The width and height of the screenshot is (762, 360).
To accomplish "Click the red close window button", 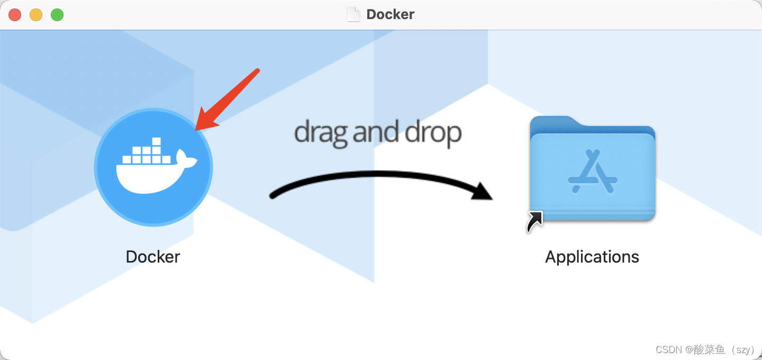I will point(15,15).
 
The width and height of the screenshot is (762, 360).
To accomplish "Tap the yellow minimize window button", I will point(36,15).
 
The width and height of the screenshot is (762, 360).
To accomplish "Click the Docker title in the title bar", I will point(390,14).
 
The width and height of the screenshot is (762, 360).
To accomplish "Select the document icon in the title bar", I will point(353,14).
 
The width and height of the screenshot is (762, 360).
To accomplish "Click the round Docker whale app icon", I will point(153,167).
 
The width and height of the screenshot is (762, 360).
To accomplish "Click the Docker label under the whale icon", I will point(153,257).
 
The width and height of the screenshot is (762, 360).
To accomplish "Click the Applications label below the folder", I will point(592,257).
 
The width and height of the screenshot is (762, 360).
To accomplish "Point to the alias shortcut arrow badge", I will point(534,222).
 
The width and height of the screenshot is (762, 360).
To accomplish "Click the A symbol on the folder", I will point(593,172).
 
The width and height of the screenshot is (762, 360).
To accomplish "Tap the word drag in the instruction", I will point(321,133).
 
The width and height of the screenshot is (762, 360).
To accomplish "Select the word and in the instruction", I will point(376,133).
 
